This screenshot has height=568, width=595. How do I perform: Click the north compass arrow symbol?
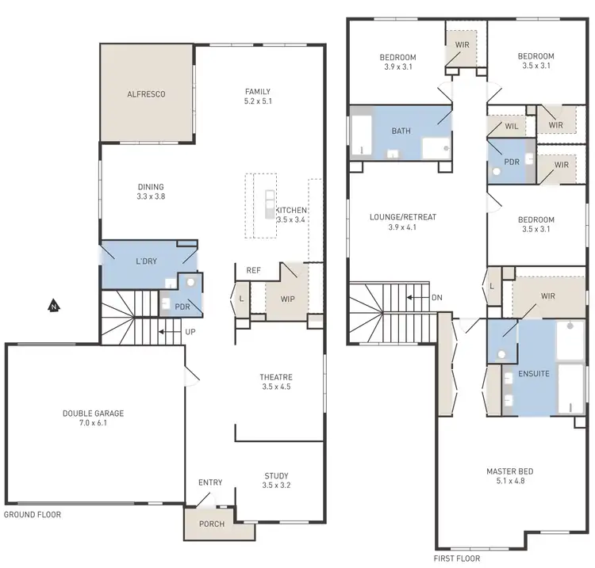[52, 306]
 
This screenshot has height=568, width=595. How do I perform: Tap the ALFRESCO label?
[147, 94]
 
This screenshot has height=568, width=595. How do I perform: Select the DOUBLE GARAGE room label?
[94, 413]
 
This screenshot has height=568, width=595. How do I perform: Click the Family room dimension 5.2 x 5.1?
[258, 101]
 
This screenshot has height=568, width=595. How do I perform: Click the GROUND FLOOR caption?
[33, 514]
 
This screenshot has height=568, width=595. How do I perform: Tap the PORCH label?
[212, 524]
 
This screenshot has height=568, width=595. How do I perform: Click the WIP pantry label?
[286, 299]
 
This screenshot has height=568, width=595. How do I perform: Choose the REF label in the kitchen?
[254, 270]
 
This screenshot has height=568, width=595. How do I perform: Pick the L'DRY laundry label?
[146, 261]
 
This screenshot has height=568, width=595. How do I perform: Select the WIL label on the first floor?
[511, 126]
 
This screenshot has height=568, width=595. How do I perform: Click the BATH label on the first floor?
[401, 130]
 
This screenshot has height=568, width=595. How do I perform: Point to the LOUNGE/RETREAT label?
[403, 217]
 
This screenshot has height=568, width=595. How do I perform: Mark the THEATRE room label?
[276, 377]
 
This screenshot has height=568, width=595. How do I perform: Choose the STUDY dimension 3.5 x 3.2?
[276, 486]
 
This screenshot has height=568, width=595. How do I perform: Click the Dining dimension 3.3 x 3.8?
[150, 196]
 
